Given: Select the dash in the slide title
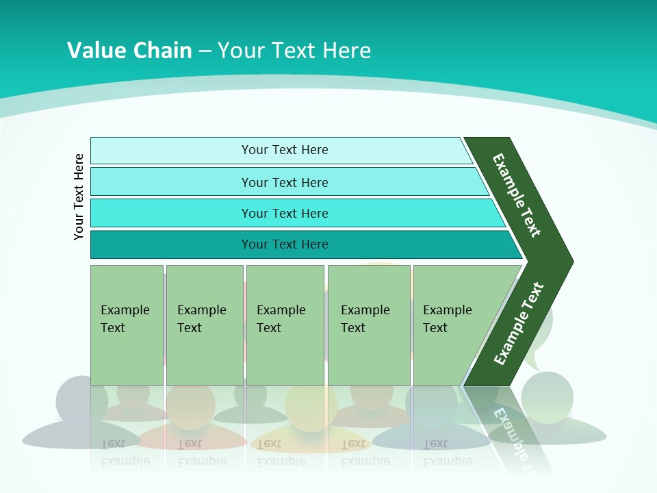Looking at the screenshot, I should pos(205,51).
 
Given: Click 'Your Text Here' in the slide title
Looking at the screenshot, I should pos(294,51).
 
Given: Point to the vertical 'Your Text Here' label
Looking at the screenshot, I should pos(79,197).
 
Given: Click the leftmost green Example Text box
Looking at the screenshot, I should pos(127,325).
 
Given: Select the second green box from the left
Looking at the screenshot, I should pos(204,325).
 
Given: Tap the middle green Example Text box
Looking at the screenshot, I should pos(285,325).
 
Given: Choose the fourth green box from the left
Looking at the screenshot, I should pos(369,325).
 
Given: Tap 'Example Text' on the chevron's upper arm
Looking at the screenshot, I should pos(517,195).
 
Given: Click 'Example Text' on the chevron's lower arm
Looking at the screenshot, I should pos(519,323).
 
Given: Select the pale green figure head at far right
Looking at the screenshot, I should pos(547,397).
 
